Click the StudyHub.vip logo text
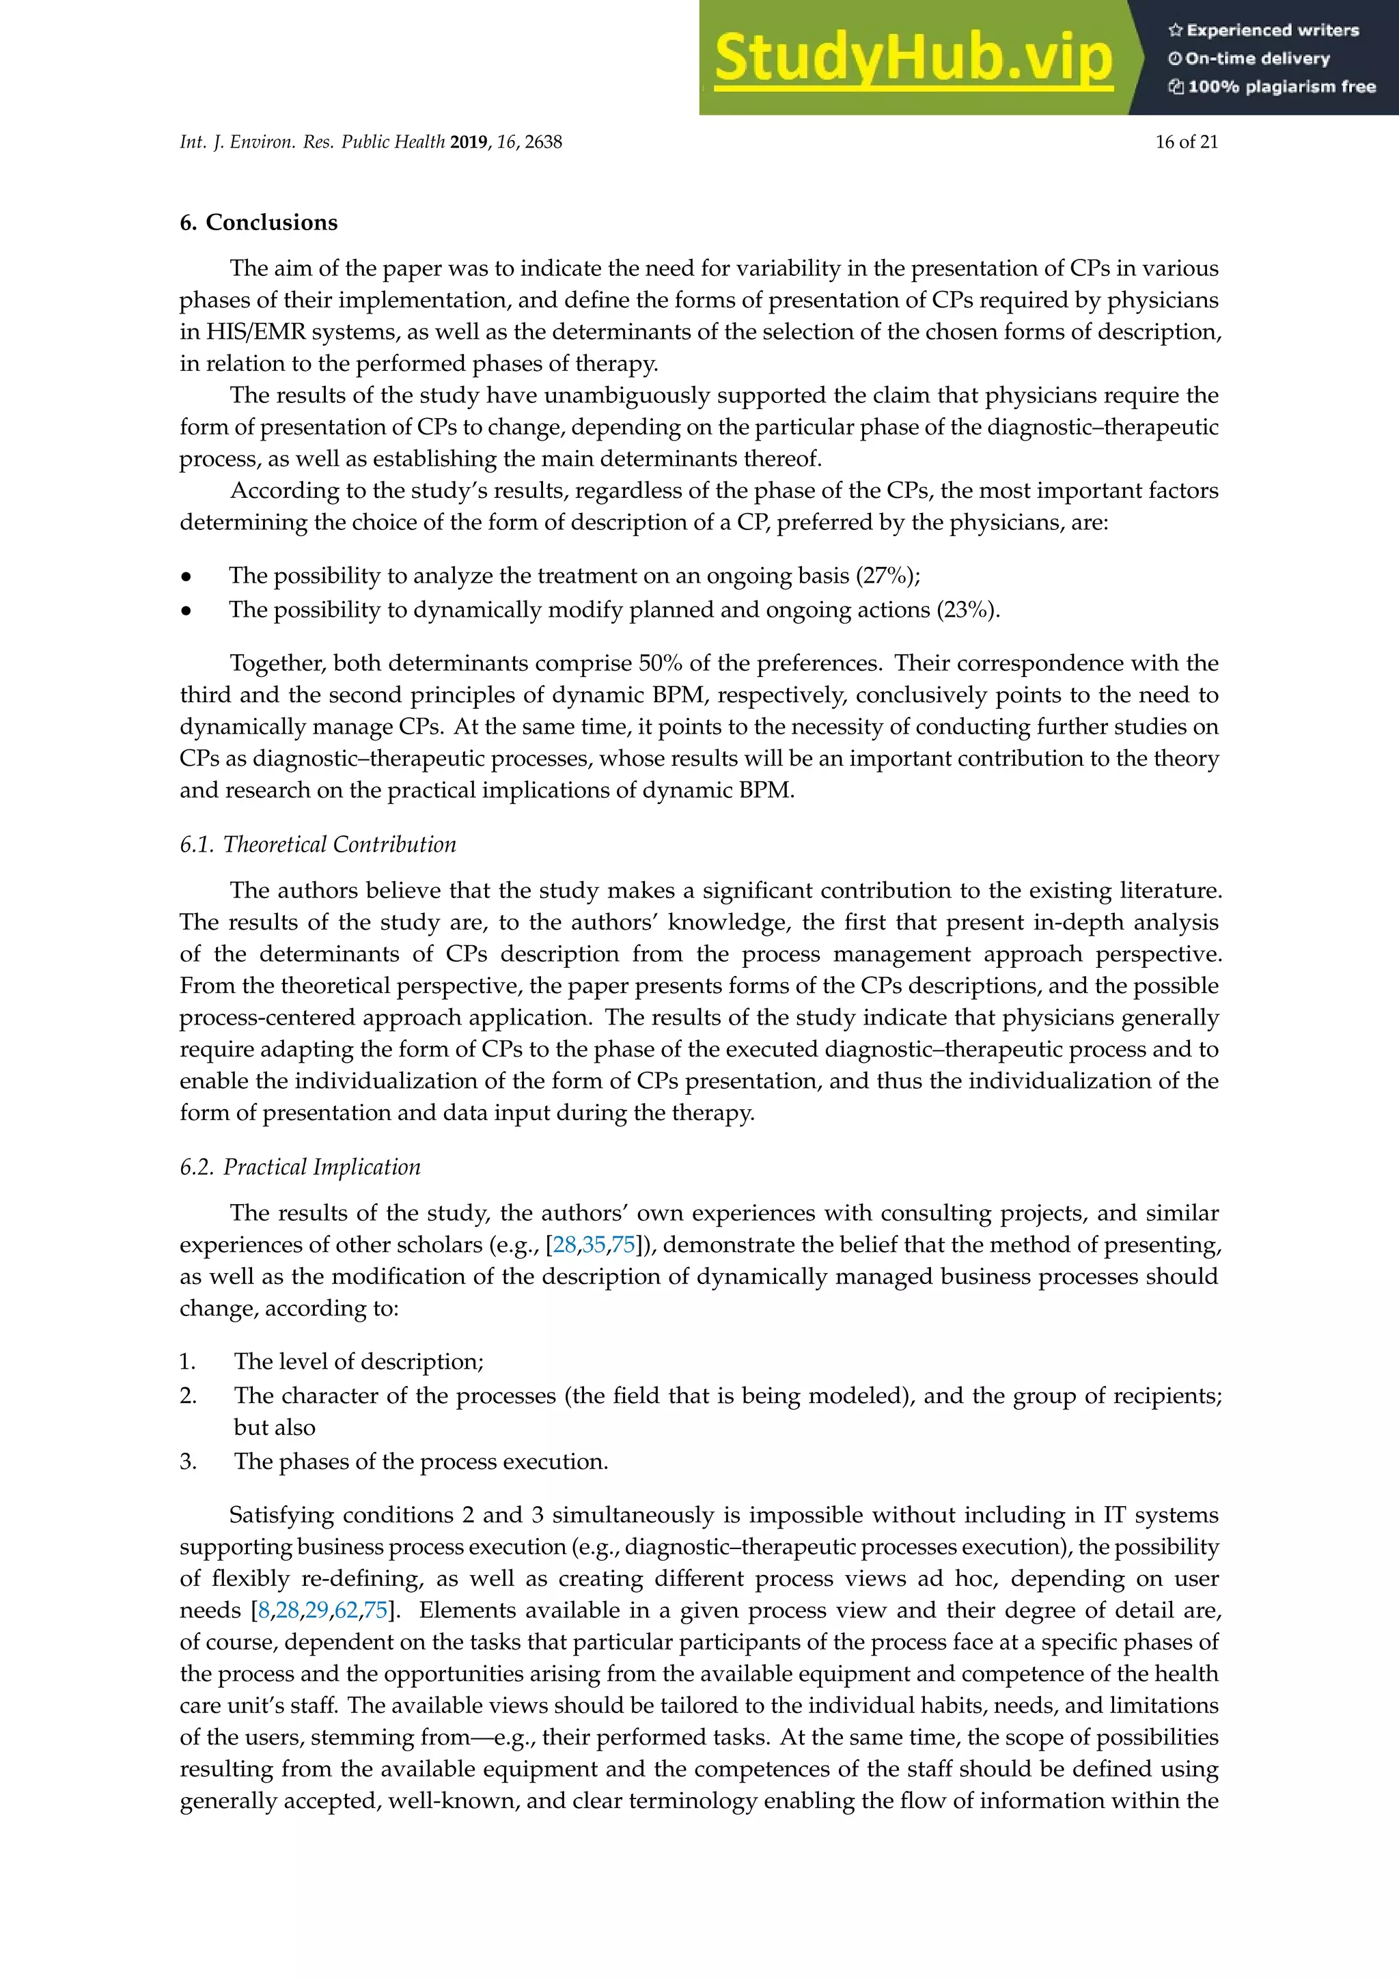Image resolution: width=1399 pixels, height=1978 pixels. [913, 59]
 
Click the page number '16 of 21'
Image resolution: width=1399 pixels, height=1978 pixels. [1187, 142]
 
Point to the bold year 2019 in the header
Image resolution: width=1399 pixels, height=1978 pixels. [469, 142]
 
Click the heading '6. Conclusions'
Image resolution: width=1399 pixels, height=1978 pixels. [258, 222]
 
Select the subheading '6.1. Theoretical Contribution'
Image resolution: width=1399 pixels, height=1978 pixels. [318, 844]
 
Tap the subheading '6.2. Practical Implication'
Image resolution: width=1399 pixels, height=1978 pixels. [300, 1167]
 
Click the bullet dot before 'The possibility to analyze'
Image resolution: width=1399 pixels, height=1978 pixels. [185, 576]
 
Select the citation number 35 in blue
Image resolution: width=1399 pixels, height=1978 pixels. [594, 1245]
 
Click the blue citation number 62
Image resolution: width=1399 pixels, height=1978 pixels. [346, 1610]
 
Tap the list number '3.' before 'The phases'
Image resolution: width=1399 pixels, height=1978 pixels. [189, 1461]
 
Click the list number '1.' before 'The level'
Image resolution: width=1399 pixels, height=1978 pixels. [188, 1361]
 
